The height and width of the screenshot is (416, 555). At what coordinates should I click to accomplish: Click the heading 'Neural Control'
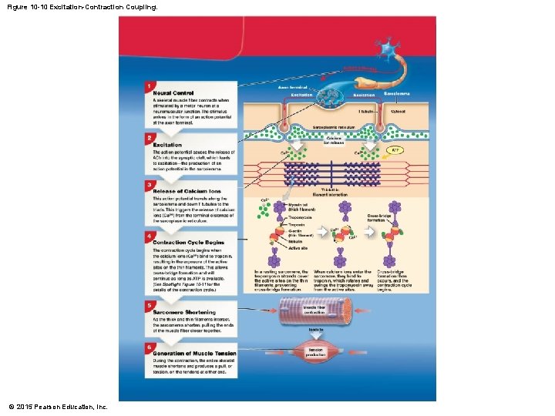point(173,93)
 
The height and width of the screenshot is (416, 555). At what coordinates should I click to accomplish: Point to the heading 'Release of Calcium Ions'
point(187,191)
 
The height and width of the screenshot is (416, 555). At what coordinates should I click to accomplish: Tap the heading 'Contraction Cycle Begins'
point(188,242)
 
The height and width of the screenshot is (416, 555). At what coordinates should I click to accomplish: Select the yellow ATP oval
point(395,150)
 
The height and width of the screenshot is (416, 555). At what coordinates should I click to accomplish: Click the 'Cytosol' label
point(398,112)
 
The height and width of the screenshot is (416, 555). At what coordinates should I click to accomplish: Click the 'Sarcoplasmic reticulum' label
point(333,126)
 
